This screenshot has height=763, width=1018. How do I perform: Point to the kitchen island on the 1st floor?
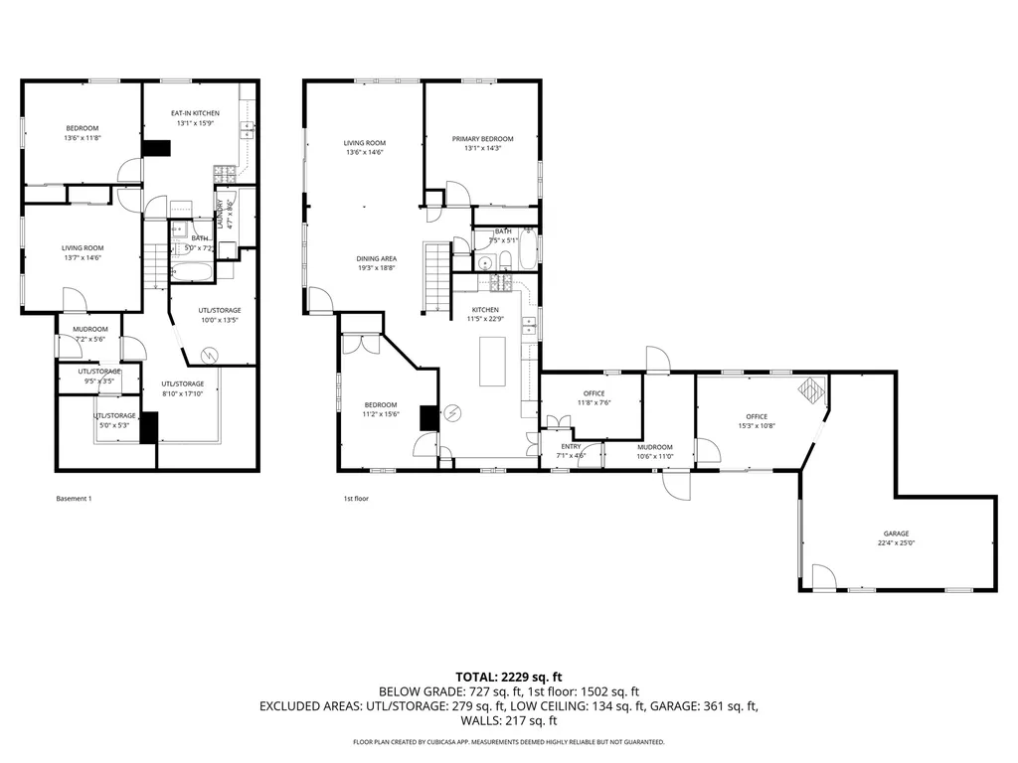pyautogui.click(x=493, y=361)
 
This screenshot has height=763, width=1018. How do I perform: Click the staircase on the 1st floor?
pyautogui.click(x=437, y=276)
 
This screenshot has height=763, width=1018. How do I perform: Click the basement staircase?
pyautogui.click(x=153, y=266)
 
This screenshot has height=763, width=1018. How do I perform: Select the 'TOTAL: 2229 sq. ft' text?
pyautogui.click(x=508, y=677)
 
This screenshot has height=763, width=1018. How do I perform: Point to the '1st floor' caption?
pyautogui.click(x=355, y=499)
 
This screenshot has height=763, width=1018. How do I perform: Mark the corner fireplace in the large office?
pyautogui.click(x=812, y=389)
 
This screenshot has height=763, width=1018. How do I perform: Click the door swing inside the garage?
pyautogui.click(x=824, y=576)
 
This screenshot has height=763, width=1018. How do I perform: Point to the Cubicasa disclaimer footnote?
pyautogui.click(x=508, y=742)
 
